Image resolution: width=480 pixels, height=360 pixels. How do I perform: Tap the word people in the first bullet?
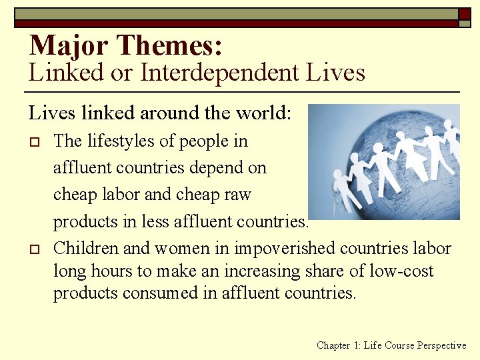205,141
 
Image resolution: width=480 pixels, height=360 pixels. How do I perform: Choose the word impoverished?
281,249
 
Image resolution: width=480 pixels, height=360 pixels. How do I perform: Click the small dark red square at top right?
464,13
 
